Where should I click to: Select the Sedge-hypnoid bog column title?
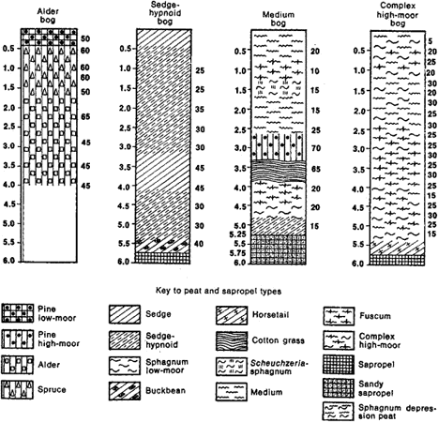165,13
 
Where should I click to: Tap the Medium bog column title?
279,19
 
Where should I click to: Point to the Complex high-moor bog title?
398,14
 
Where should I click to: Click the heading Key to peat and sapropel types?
219,292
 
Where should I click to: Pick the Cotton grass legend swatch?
232,341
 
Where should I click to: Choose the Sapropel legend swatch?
339,364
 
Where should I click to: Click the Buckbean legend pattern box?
125,391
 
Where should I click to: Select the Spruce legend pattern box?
17,389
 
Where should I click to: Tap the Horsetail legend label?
270,314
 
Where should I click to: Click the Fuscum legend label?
375,316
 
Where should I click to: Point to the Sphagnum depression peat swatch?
339,411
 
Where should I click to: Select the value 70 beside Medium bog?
316,148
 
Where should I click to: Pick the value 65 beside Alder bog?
85,117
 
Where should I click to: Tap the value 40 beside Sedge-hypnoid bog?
199,244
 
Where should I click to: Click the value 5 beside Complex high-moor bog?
430,41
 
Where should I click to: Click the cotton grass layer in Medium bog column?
278,171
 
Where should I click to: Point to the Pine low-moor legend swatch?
17,313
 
